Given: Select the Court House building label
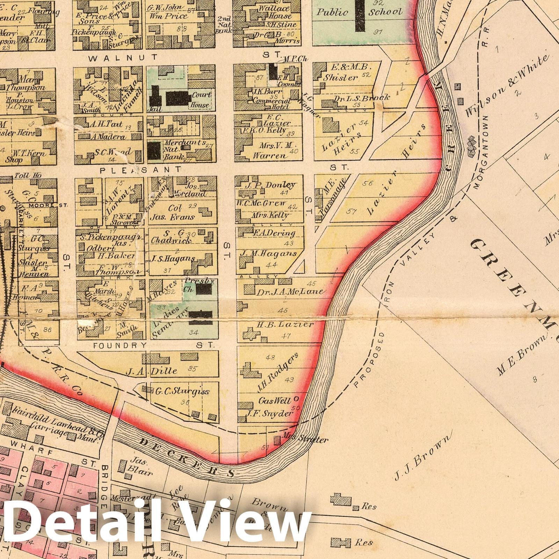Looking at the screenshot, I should pyautogui.click(x=201, y=100).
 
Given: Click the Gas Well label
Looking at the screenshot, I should pyautogui.click(x=274, y=400).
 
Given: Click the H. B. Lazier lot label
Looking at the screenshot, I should pyautogui.click(x=285, y=325).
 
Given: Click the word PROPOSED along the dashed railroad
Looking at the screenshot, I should pyautogui.click(x=366, y=360).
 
